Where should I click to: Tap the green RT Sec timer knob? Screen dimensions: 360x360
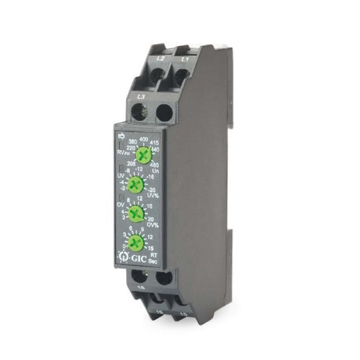(x=135, y=242)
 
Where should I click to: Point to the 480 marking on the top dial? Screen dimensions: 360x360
(x=155, y=164)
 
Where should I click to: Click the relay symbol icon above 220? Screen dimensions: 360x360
(x=121, y=137)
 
